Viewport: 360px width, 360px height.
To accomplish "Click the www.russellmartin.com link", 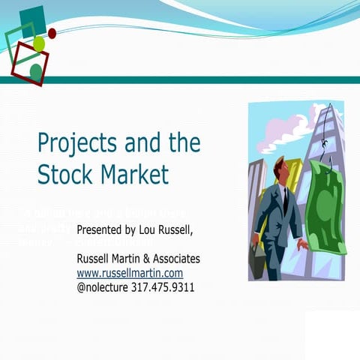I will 130,273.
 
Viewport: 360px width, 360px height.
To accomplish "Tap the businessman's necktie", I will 285,198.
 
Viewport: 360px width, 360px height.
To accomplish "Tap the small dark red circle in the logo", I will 52,33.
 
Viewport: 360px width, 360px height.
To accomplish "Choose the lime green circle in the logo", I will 39,44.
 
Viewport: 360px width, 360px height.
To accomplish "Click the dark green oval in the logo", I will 36,71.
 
